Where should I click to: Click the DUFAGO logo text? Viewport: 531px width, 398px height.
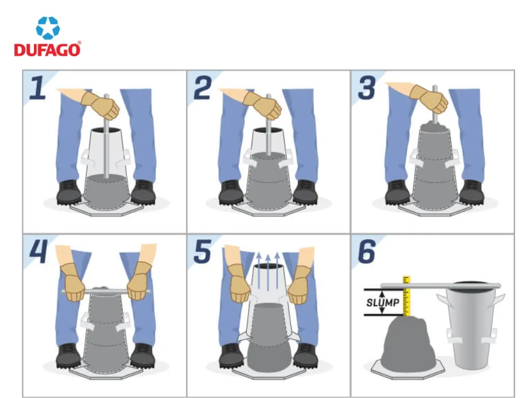pyautogui.click(x=47, y=50)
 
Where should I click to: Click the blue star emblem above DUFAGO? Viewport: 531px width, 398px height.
pyautogui.click(x=48, y=28)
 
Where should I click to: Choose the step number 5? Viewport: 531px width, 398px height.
pyautogui.click(x=203, y=252)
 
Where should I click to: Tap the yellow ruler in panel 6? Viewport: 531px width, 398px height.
pyautogui.click(x=407, y=297)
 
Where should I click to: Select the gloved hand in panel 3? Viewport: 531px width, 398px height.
pyautogui.click(x=427, y=98)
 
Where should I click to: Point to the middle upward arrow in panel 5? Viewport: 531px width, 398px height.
pyautogui.click(x=269, y=271)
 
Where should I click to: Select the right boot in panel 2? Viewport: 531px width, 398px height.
pyautogui.click(x=305, y=192)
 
